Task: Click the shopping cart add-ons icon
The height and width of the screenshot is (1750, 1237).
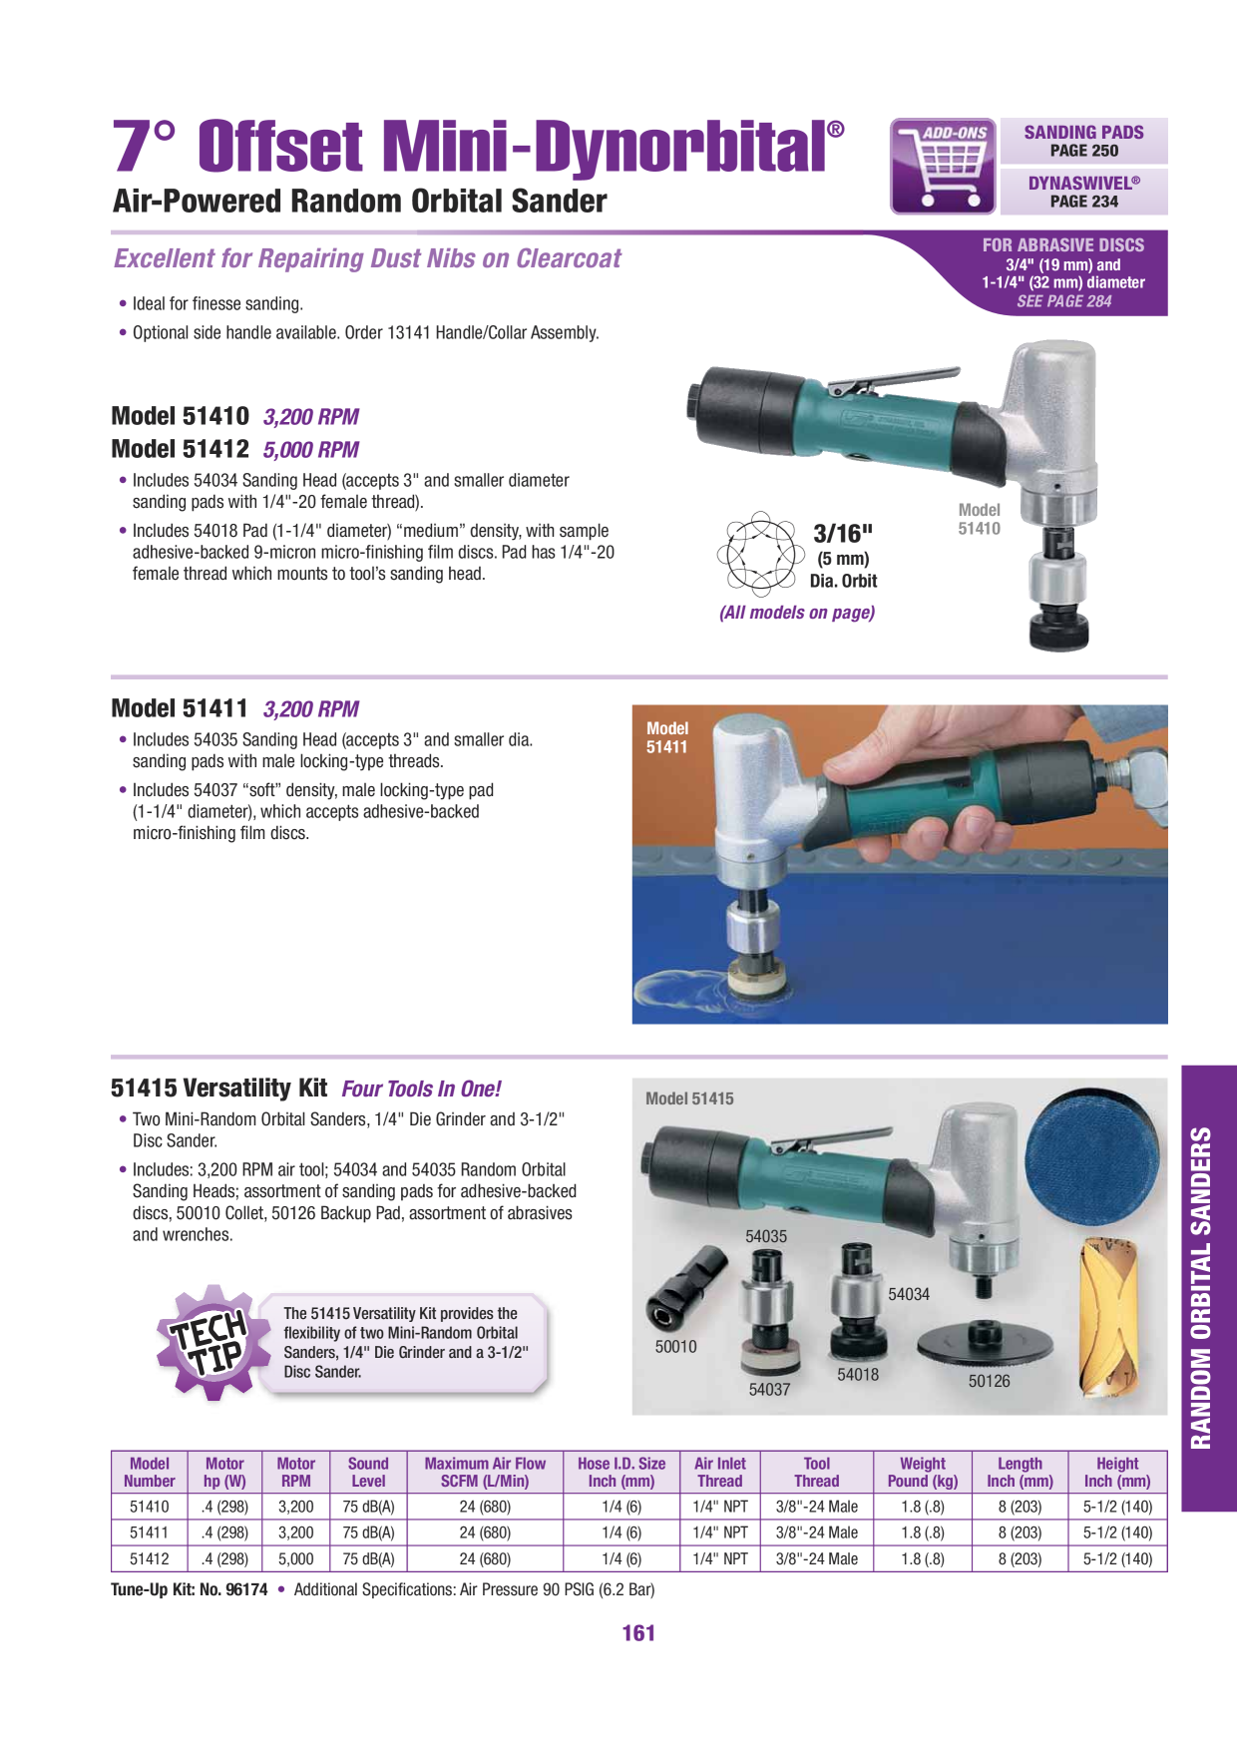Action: click(943, 166)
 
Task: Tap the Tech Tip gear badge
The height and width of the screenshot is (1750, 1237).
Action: click(212, 1342)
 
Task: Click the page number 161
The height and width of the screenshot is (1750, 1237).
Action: click(638, 1633)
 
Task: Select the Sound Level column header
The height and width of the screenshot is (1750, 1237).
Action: click(368, 1472)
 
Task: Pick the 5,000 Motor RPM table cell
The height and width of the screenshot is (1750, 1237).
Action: click(296, 1558)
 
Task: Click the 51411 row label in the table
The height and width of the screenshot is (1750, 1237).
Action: click(150, 1532)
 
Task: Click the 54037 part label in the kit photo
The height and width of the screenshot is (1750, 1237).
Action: click(769, 1389)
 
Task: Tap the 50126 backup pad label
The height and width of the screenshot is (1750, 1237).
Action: click(989, 1381)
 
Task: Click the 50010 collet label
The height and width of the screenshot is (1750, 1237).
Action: click(675, 1346)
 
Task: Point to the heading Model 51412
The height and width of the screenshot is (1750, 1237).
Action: click(180, 449)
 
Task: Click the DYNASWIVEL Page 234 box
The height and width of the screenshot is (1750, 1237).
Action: click(1083, 192)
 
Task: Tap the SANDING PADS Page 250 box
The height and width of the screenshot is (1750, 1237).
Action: click(1083, 141)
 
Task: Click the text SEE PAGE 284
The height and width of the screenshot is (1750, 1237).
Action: click(1063, 301)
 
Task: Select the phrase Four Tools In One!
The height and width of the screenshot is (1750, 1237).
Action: click(421, 1089)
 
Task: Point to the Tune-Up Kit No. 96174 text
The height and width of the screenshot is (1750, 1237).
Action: click(190, 1589)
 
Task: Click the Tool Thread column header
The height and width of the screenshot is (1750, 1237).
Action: click(816, 1472)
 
